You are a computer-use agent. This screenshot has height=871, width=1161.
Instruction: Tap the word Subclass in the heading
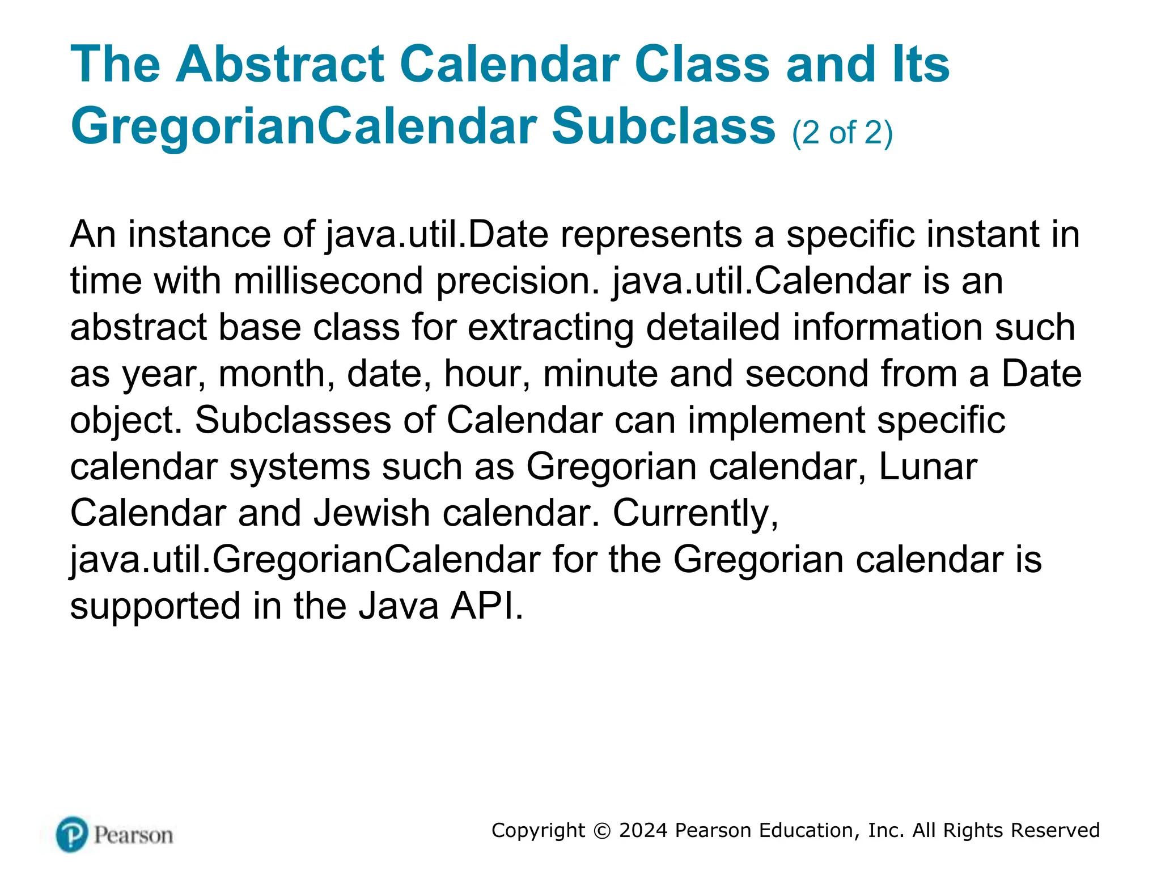(x=663, y=126)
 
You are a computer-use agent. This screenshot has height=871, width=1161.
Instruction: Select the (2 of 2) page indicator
(x=842, y=133)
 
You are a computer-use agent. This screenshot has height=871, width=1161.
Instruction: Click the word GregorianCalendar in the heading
(x=304, y=126)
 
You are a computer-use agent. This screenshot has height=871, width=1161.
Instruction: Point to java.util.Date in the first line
(x=437, y=234)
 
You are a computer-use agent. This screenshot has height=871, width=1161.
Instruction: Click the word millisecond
(x=328, y=281)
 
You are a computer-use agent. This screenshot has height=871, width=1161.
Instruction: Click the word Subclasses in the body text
(x=293, y=420)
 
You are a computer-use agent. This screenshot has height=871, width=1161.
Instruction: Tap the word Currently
(x=695, y=513)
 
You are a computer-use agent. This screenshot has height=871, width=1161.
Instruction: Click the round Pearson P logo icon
(x=72, y=834)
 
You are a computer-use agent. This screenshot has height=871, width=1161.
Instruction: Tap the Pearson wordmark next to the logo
(x=133, y=835)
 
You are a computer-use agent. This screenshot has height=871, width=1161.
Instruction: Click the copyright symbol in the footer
(x=601, y=831)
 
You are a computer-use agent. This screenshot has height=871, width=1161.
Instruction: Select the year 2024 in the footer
(x=643, y=830)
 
